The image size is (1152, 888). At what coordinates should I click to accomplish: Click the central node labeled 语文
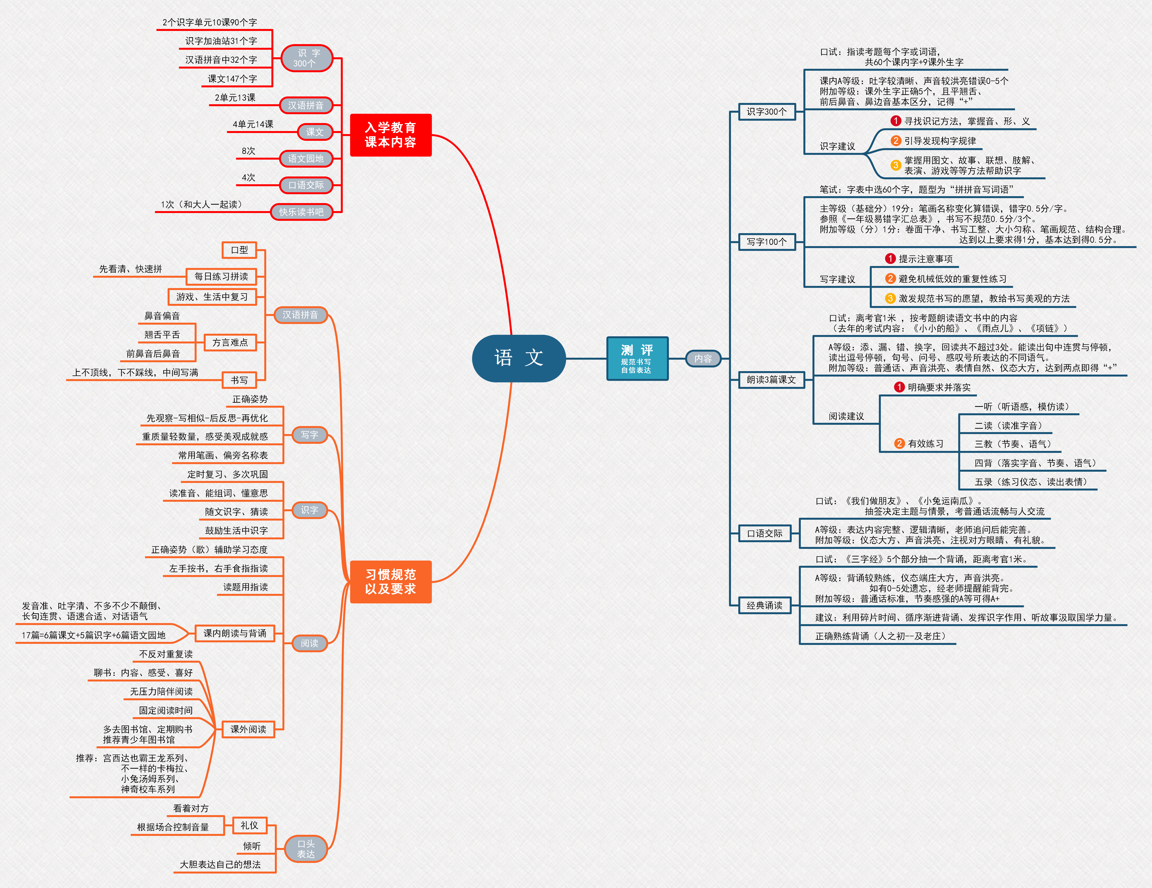(519, 358)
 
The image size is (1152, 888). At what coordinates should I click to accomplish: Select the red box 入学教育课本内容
(391, 135)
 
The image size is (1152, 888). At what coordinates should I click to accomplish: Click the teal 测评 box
(637, 358)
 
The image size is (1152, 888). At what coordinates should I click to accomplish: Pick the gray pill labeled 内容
(703, 359)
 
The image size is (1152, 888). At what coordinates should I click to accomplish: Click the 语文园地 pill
(306, 158)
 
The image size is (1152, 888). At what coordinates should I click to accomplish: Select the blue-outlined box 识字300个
(767, 111)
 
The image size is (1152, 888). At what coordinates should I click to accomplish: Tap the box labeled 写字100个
(767, 242)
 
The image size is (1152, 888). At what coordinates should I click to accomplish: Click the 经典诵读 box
(765, 605)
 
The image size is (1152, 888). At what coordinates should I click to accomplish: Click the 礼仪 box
(250, 825)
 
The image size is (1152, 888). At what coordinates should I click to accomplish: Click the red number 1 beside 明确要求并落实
(899, 387)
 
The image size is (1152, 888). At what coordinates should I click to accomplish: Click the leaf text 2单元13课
(235, 98)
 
